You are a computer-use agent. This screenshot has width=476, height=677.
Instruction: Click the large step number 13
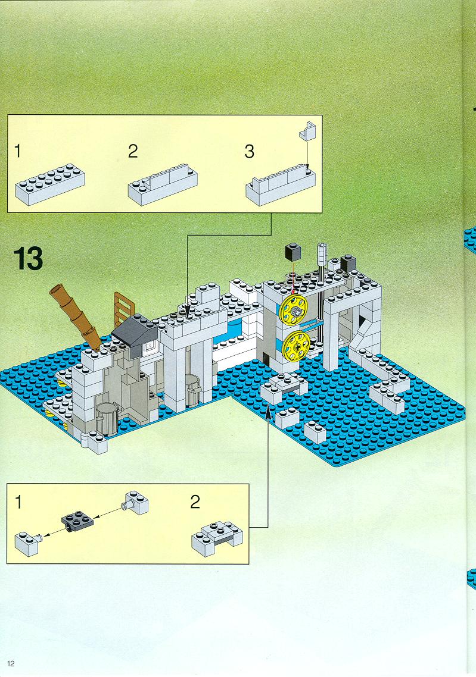point(29,258)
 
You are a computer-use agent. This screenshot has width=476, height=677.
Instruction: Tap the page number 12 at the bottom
point(11,663)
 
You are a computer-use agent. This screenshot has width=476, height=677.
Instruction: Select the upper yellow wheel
point(293,309)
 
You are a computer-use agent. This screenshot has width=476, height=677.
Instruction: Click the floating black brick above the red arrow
point(293,252)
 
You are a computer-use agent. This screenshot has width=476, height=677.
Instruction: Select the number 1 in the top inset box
point(18,151)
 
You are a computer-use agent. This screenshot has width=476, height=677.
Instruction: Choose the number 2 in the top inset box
point(133,151)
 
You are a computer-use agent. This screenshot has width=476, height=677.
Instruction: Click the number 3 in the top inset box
point(250,152)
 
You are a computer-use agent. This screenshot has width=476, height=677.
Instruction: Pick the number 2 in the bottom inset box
point(195,502)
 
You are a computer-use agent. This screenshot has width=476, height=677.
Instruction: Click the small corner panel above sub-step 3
point(307,130)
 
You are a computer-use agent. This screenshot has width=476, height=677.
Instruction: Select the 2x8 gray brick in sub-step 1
point(49,184)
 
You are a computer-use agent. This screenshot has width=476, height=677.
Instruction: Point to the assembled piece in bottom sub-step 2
point(217,538)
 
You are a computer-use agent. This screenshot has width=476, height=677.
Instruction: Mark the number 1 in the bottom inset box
point(18,502)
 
